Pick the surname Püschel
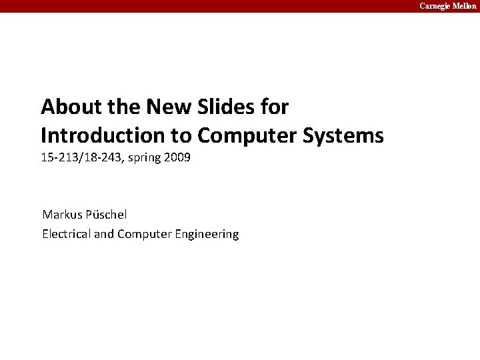[x=107, y=215]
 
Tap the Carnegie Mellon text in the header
[x=448, y=6]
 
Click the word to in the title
[x=179, y=136]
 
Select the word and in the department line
[x=104, y=233]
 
